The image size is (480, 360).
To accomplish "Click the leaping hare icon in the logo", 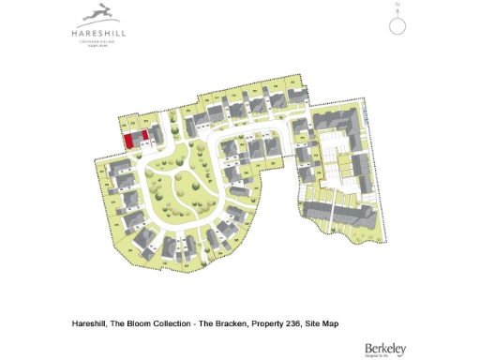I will (x=98, y=13).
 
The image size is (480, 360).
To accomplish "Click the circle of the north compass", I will (x=397, y=25).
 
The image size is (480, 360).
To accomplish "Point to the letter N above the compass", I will (x=397, y=7).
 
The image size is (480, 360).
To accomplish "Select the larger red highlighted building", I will (x=127, y=141).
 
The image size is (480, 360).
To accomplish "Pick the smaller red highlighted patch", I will (x=144, y=137).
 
